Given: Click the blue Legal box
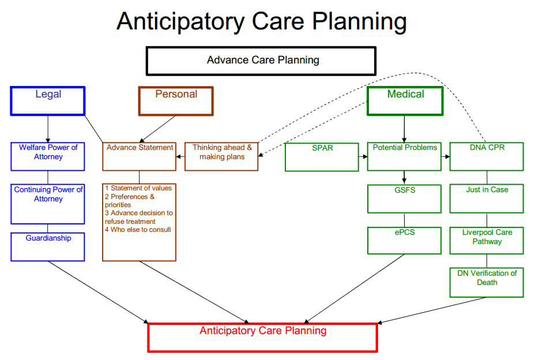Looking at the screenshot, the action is pyautogui.click(x=48, y=100).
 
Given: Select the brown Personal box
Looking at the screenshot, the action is pyautogui.click(x=176, y=100).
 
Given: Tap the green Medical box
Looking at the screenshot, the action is pyautogui.click(x=405, y=100).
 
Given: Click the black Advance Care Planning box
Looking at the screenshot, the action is pyautogui.click(x=261, y=61).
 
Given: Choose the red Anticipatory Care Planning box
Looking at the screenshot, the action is pyautogui.click(x=263, y=337).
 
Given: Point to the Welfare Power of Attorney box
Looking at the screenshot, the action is pyautogui.click(x=48, y=156).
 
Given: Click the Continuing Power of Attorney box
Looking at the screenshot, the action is pyautogui.click(x=48, y=204).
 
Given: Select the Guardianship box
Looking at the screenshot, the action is pyautogui.click(x=48, y=246).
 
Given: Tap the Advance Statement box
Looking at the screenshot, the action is pyautogui.click(x=140, y=156).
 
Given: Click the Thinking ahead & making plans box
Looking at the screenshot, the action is pyautogui.click(x=221, y=156).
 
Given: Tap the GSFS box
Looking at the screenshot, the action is pyautogui.click(x=404, y=199).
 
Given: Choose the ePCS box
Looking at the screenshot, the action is pyautogui.click(x=404, y=241).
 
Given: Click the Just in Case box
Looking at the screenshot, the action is pyautogui.click(x=487, y=199).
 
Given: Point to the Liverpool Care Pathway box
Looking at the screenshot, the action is pyautogui.click(x=487, y=240).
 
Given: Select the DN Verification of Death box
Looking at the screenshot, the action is pyautogui.click(x=487, y=282).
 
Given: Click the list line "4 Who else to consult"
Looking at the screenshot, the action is pyautogui.click(x=138, y=230).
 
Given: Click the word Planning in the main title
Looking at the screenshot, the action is pyautogui.click(x=360, y=21).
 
